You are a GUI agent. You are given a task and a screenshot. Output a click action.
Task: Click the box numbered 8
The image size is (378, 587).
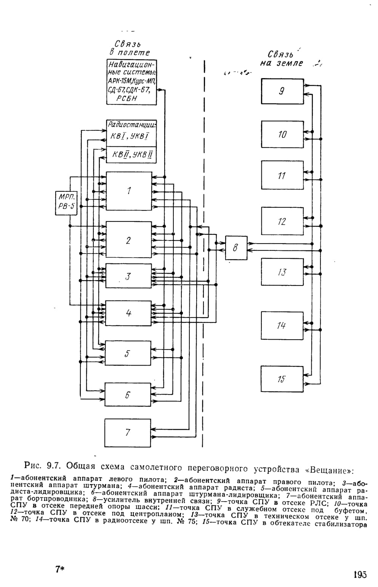236,248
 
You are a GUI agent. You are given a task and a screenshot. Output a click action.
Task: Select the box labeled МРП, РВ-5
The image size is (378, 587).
66,203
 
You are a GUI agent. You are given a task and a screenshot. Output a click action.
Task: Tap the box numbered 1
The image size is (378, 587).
129,191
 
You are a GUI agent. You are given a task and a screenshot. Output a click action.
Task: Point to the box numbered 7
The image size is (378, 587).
128,433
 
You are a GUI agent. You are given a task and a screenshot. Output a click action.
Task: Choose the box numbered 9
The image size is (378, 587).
282,91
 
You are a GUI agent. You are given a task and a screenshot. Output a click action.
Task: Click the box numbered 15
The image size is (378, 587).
282,379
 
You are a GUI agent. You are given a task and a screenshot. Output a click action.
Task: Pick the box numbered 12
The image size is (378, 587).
282,221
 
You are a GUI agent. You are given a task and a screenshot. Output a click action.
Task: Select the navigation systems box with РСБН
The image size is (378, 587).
131,82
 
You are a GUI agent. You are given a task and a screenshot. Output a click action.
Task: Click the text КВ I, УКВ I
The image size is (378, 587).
130,136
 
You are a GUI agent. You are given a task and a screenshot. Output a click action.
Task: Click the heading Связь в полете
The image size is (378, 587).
130,48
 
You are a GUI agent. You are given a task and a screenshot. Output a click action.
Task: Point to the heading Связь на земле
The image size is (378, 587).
281,59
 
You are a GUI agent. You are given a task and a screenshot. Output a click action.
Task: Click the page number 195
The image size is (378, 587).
360,574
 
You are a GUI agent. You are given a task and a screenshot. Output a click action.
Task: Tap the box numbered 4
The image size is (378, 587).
128,313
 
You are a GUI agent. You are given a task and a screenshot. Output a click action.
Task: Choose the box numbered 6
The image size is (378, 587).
128,395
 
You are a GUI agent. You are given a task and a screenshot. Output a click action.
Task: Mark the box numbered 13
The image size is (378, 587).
282,272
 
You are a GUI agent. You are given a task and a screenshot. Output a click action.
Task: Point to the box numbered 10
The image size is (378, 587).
282,134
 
